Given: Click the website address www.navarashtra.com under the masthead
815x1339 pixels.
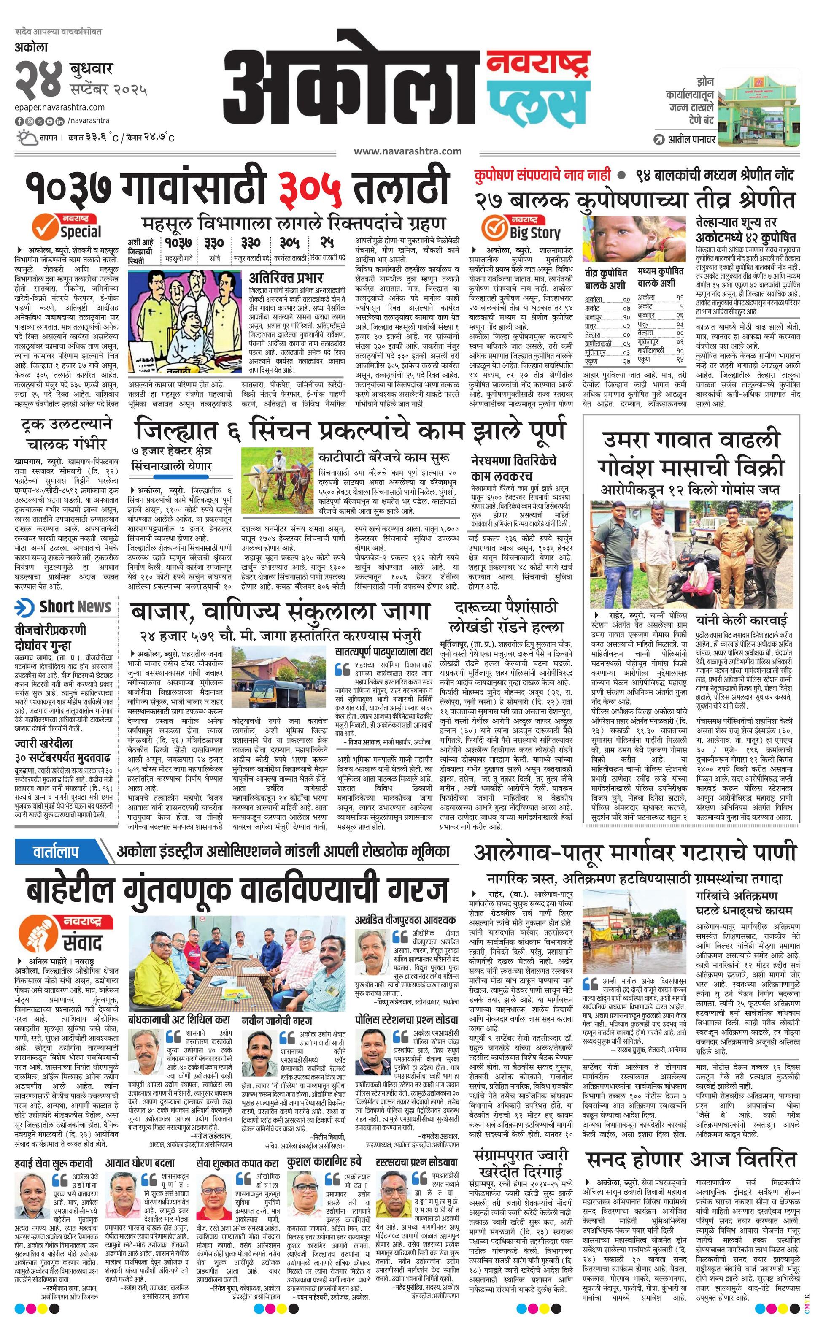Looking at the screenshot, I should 407,151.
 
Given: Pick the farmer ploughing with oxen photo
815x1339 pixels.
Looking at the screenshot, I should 277,479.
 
